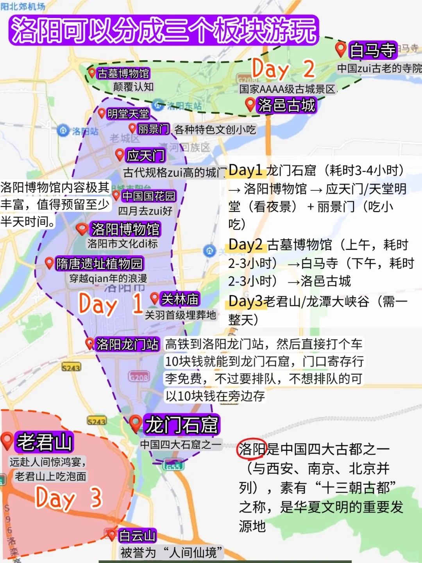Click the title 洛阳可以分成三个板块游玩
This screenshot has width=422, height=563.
point(163,30)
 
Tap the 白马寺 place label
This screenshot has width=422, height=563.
point(373,50)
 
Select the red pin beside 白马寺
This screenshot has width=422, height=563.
point(341,49)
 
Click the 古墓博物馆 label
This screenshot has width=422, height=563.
point(123,73)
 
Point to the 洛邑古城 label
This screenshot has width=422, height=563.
point(286,105)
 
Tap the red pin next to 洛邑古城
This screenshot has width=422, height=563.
point(250,104)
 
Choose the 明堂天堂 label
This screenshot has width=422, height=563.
point(128,114)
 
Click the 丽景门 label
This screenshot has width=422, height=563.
point(154,129)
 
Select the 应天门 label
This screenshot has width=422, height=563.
point(145,156)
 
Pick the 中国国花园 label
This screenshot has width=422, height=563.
point(148,196)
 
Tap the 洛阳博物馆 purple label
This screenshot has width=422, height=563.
point(125,229)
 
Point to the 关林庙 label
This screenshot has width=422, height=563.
point(180,299)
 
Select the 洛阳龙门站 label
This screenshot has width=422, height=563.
point(127,344)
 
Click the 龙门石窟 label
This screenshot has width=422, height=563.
point(182,425)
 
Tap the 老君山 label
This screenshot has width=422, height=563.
point(44,442)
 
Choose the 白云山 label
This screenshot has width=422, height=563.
point(137,536)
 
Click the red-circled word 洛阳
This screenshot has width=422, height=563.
point(252,449)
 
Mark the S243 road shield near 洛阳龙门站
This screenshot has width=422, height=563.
point(71,368)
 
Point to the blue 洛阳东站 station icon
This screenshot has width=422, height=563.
point(158,105)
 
